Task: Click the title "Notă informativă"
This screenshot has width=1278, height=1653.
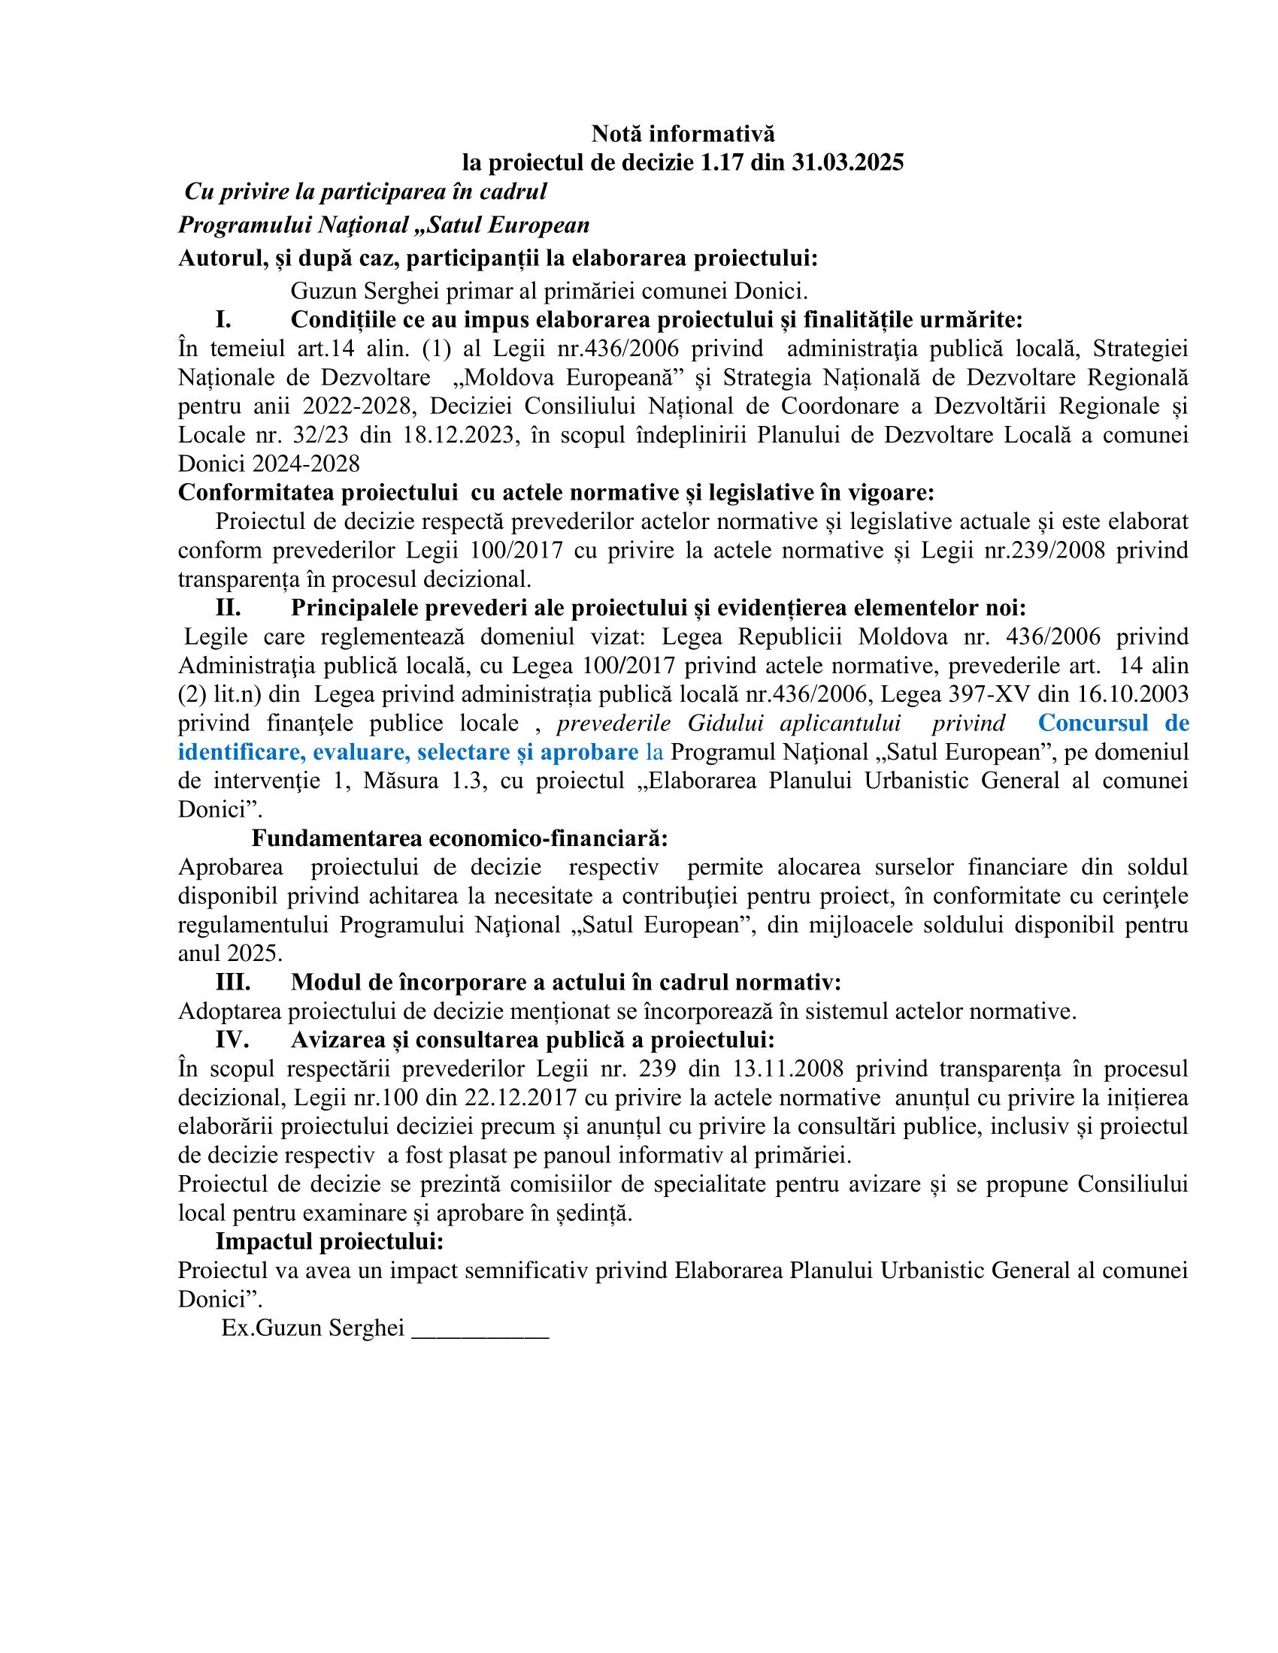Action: tap(683, 134)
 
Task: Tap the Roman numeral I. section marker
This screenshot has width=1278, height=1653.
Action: tap(223, 319)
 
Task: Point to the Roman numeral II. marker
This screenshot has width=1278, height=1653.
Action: tap(228, 608)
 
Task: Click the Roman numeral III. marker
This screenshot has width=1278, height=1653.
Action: tap(232, 983)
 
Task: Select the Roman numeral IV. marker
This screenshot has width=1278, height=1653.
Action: tap(232, 1040)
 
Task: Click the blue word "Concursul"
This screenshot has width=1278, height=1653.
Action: tap(1092, 724)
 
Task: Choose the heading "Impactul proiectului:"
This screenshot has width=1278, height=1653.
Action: tap(329, 1241)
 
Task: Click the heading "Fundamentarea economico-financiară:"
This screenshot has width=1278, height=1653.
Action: tap(459, 839)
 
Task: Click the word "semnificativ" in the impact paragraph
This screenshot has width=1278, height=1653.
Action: tap(526, 1270)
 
